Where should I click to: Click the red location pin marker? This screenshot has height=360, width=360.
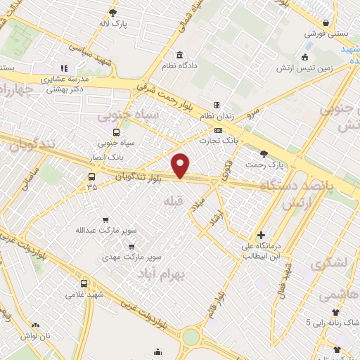(181, 165)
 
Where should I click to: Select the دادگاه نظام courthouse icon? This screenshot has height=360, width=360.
(180, 55)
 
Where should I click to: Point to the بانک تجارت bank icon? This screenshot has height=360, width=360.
(218, 130)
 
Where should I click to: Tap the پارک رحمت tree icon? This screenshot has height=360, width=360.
(264, 154)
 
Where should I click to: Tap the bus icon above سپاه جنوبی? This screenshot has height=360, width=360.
(116, 131)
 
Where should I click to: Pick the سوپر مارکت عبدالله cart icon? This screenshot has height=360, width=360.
(105, 220)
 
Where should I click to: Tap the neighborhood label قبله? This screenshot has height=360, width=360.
(172, 202)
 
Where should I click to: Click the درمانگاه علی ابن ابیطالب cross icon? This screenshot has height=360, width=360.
(262, 234)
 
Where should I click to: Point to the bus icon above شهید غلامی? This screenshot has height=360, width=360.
(84, 283)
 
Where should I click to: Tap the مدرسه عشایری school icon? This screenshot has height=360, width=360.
(64, 69)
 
